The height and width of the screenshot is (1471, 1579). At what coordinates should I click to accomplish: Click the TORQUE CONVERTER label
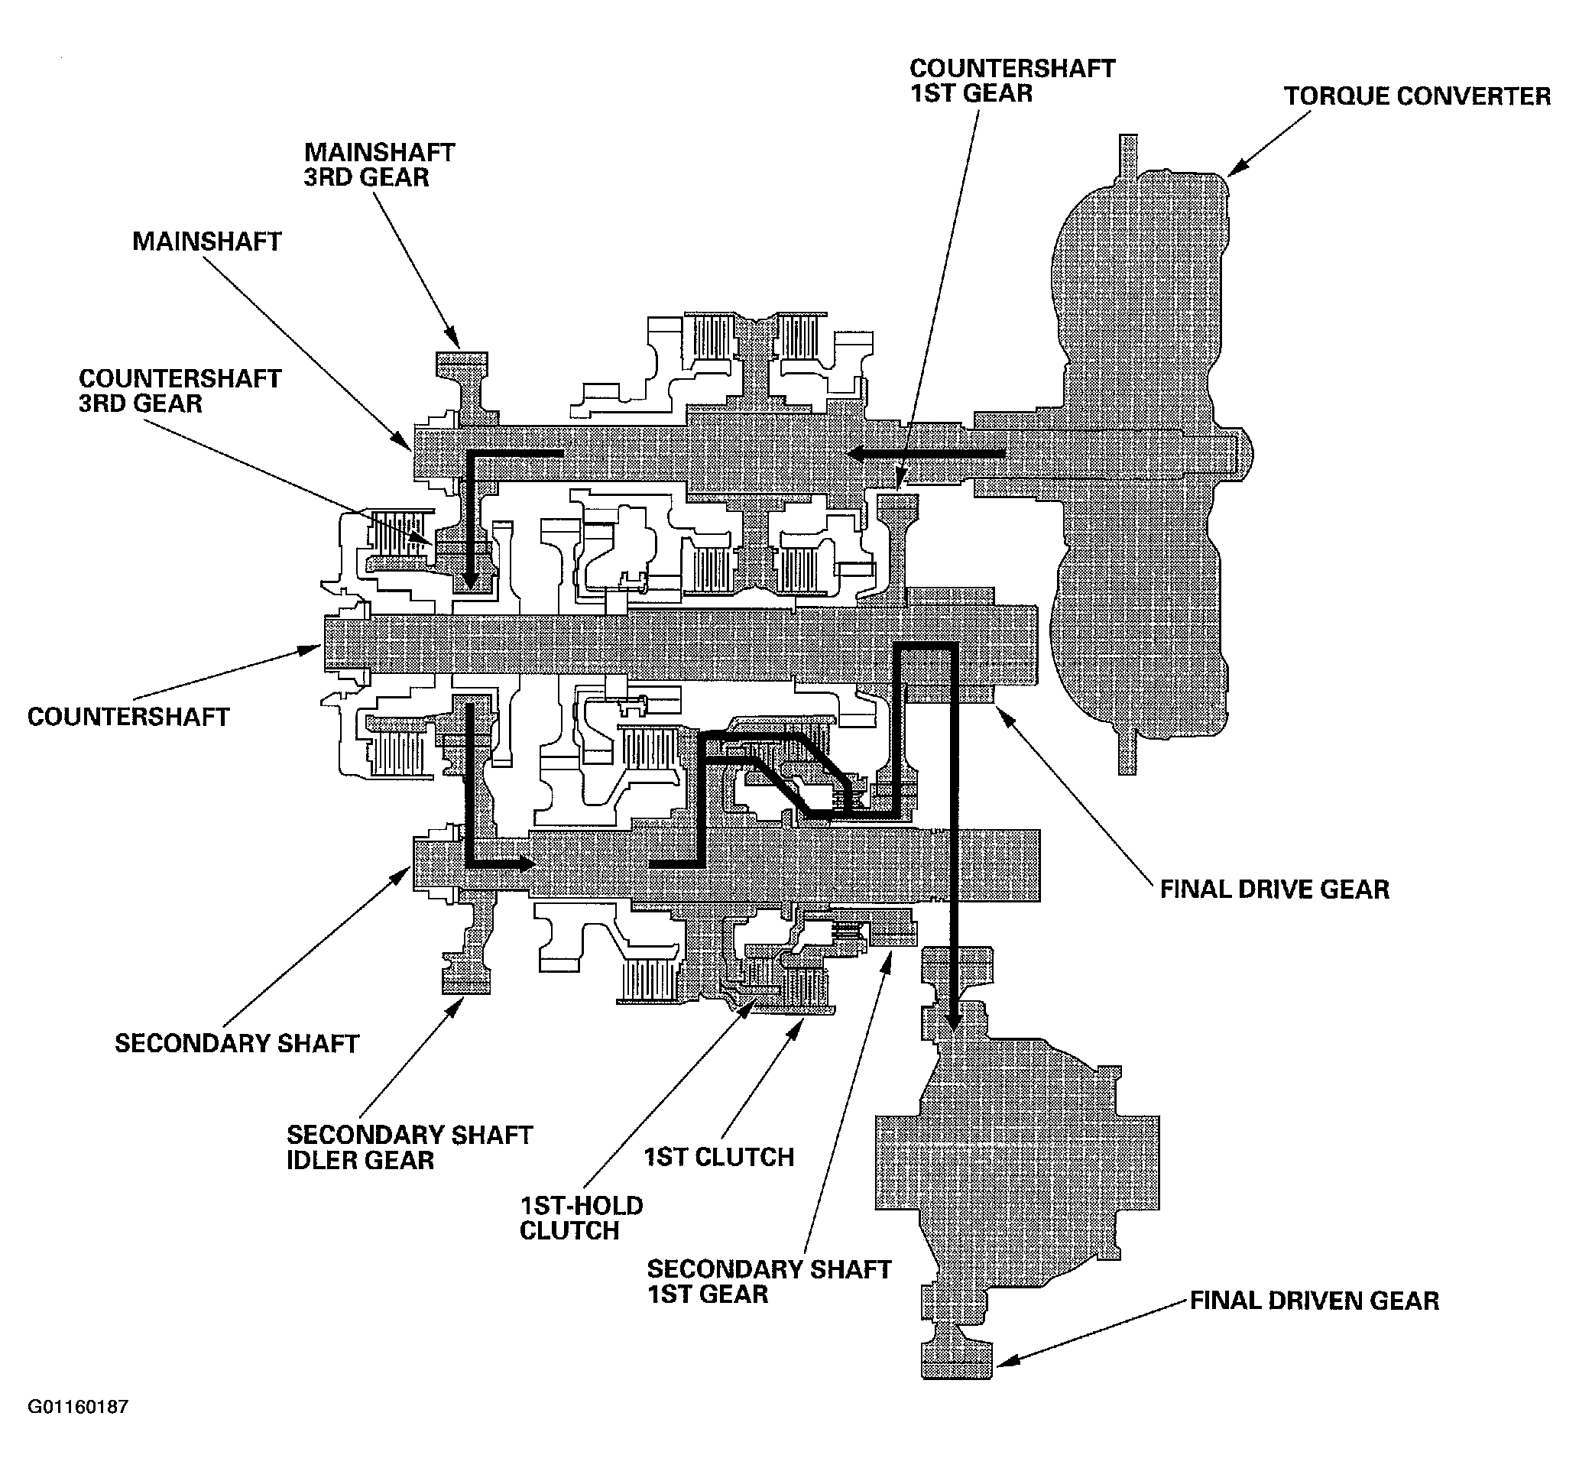pyautogui.click(x=1417, y=96)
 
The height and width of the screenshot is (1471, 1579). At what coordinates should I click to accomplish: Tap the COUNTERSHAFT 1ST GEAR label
pyautogui.click(x=1012, y=80)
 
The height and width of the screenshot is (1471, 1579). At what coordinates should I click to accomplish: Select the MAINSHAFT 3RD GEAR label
pyautogui.click(x=379, y=164)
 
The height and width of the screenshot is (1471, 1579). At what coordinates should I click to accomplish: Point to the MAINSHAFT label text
pyautogui.click(x=206, y=241)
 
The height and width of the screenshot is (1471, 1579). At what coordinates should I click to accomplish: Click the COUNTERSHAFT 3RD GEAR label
pyautogui.click(x=180, y=390)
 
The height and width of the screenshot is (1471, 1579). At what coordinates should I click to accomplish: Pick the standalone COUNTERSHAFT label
pyautogui.click(x=128, y=717)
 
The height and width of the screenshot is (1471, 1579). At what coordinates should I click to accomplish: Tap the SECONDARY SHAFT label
pyautogui.click(x=237, y=1043)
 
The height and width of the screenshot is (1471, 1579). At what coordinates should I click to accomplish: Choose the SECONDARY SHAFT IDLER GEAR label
pyautogui.click(x=409, y=1147)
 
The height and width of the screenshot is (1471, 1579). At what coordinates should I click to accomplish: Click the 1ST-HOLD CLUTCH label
pyautogui.click(x=581, y=1217)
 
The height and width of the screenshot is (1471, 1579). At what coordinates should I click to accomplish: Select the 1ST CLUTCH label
pyautogui.click(x=719, y=1157)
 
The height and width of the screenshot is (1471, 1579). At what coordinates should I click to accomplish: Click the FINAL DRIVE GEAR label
pyautogui.click(x=1275, y=889)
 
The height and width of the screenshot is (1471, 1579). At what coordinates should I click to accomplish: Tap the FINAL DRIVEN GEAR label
pyautogui.click(x=1315, y=1301)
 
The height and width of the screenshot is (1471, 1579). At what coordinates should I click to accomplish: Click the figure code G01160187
pyautogui.click(x=78, y=1407)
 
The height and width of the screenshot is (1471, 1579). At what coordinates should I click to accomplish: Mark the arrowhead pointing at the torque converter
pyautogui.click(x=1237, y=168)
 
